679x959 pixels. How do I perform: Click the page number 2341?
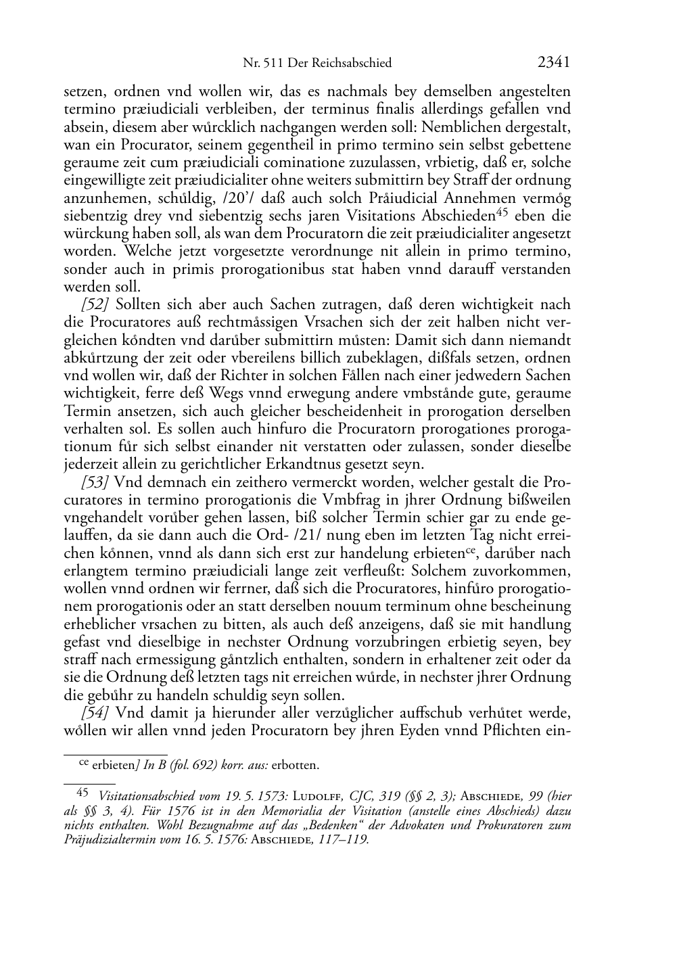[554, 62]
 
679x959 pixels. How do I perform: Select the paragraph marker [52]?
[95, 304]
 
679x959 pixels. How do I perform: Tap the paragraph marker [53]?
[95, 482]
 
